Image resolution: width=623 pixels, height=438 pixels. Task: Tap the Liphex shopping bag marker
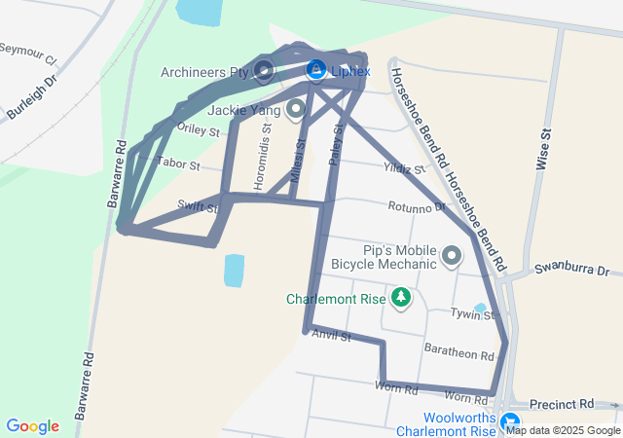click(x=315, y=70)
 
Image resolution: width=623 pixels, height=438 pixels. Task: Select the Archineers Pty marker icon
click(x=264, y=70)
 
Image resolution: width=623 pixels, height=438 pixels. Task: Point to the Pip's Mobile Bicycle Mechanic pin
click(x=452, y=257)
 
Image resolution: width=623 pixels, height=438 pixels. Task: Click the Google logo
click(x=32, y=426)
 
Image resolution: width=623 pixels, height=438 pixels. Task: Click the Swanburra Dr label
click(x=571, y=270)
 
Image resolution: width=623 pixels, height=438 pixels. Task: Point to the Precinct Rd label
click(x=562, y=403)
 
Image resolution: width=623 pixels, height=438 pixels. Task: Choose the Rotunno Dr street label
click(x=416, y=206)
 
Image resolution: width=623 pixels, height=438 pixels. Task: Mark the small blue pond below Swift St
click(x=234, y=270)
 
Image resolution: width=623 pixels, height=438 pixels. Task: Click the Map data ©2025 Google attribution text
click(x=563, y=430)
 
